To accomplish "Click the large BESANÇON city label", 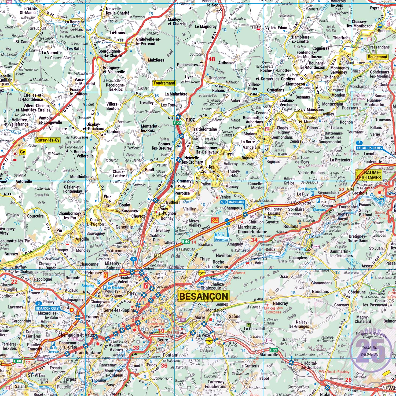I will tap(204, 296).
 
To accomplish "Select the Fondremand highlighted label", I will tap(164, 83).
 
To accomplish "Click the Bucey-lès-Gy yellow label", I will tap(48, 140).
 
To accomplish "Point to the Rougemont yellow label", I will tap(377, 57).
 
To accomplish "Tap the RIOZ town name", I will tap(190, 120).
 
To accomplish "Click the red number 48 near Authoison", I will tap(212, 59).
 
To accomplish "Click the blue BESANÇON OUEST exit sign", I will tap(48, 306).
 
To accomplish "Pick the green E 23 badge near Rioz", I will tap(178, 123).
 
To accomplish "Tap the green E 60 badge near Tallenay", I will tap(186, 241).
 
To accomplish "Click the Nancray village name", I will tap(280, 303).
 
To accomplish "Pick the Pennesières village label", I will tap(187, 65).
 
